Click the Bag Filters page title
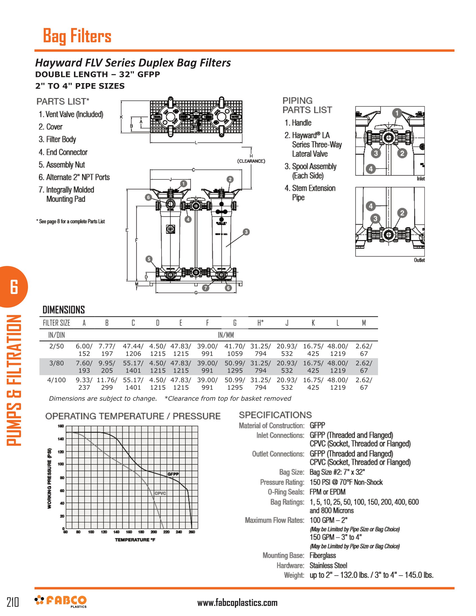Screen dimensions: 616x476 [77, 36]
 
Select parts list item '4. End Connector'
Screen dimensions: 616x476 [63, 152]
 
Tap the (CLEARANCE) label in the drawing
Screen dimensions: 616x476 [251, 161]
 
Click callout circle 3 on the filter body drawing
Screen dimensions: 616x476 [246, 232]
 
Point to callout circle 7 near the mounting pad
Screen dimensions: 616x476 [206, 288]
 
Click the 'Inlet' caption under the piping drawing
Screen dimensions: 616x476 [421, 179]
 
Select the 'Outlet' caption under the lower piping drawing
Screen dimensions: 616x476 [419, 260]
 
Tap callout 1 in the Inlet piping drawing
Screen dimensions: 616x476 [397, 113]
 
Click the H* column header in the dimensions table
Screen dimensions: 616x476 [261, 323]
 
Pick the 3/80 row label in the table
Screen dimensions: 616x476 [56, 363]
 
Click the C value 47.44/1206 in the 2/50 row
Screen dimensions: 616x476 [133, 350]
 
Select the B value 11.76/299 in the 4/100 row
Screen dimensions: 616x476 [107, 384]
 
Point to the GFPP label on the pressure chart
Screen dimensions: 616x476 [173, 474]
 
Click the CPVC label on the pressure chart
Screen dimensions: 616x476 [160, 493]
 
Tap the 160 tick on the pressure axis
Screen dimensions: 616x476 [61, 426]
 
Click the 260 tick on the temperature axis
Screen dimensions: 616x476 [192, 532]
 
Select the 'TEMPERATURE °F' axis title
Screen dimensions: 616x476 [135, 540]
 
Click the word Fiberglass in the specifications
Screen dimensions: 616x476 [323, 555]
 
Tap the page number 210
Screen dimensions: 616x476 [13, 602]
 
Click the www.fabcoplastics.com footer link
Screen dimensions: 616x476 [237, 603]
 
